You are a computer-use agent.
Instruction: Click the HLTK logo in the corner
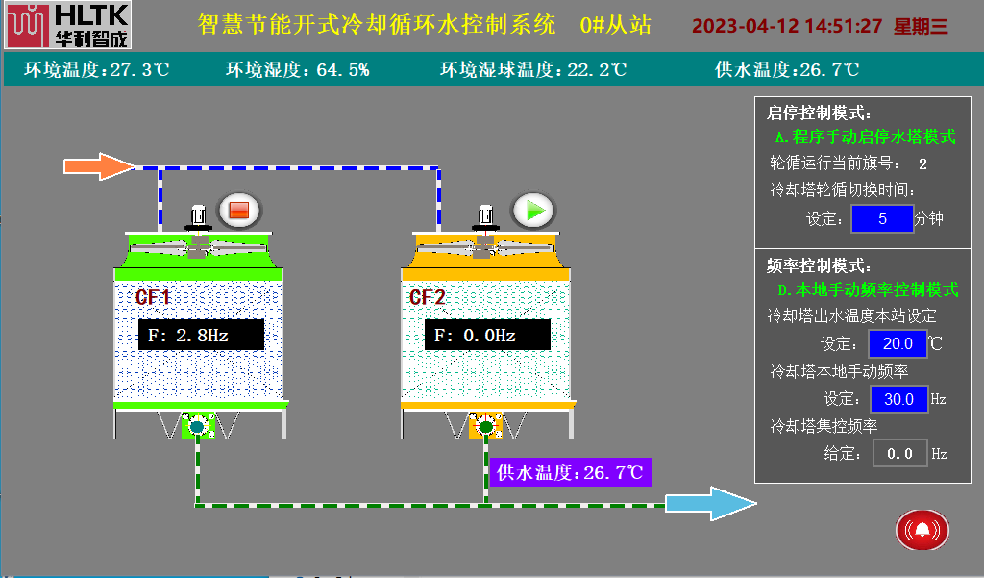click(67, 26)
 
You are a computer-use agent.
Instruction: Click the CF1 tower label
click(153, 297)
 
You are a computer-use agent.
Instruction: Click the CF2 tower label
click(428, 297)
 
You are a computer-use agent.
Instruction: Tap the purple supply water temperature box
click(571, 472)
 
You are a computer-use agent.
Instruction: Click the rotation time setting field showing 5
click(881, 218)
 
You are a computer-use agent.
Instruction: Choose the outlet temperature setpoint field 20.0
click(898, 343)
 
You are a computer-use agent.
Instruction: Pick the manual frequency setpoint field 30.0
click(898, 399)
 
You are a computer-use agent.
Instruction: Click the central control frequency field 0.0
click(899, 453)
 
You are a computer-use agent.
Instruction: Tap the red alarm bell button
click(922, 529)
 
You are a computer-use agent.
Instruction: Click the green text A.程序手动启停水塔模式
click(865, 138)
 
